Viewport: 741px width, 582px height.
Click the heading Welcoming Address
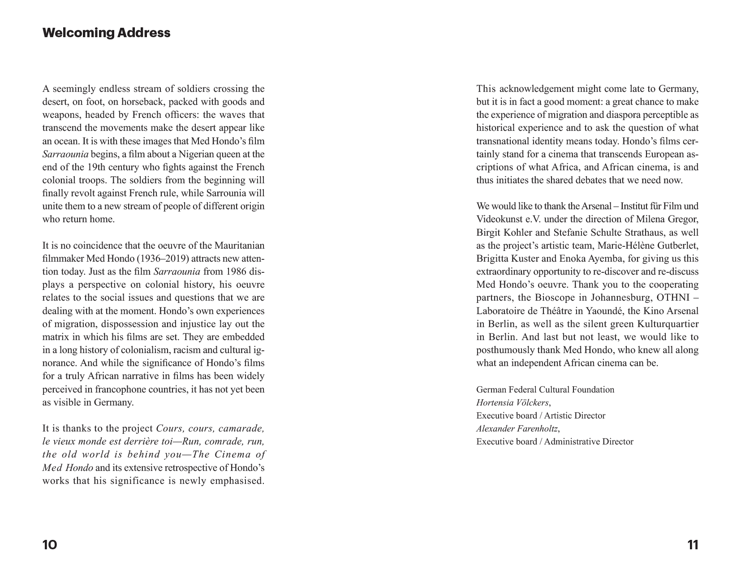pyautogui.click(x=106, y=33)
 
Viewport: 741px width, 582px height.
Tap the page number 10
pyautogui.click(x=50, y=545)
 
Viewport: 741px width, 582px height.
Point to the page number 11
pyautogui.click(x=692, y=545)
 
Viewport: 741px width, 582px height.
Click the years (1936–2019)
pyautogui.click(x=162, y=259)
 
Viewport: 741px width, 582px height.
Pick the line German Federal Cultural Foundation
pyautogui.click(x=545, y=389)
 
